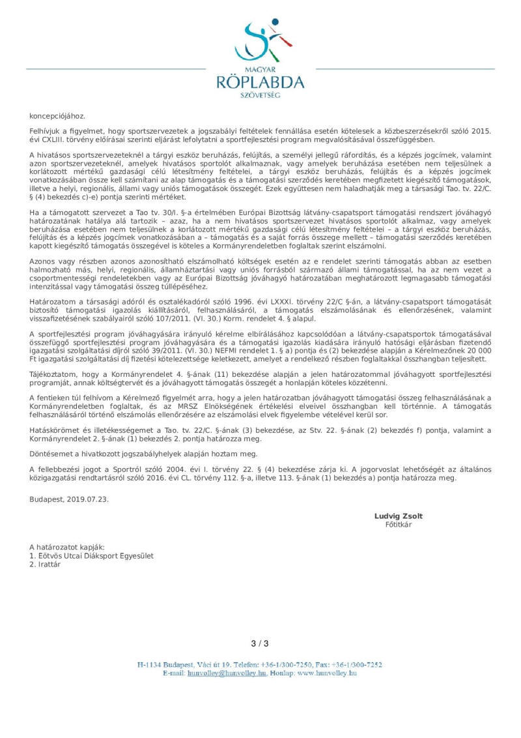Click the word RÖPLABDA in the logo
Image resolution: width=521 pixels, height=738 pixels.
[260, 81]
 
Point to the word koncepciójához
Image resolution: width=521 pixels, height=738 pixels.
[57, 115]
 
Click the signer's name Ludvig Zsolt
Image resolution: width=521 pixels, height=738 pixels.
[398, 516]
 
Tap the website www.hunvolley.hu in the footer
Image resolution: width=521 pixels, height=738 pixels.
[326, 672]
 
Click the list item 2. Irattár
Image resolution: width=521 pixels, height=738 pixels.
[45, 565]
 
